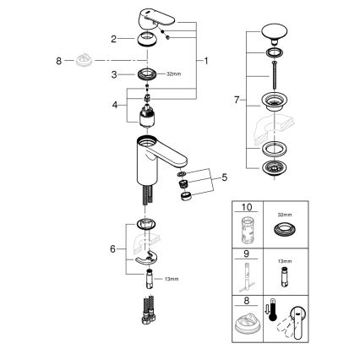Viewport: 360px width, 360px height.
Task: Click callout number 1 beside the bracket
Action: click(x=208, y=63)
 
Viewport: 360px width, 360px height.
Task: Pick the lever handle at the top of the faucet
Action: click(x=150, y=15)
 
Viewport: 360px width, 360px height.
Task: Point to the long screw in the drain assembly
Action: click(x=275, y=81)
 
